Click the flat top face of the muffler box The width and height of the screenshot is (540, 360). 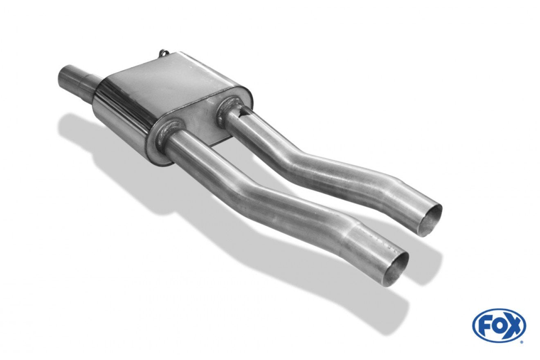[x=173, y=77]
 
